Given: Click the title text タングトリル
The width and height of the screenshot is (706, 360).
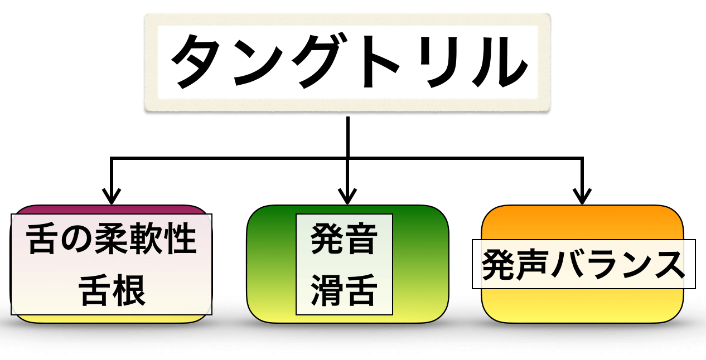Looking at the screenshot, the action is click(349, 61).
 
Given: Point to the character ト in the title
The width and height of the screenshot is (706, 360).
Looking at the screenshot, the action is click(381, 61).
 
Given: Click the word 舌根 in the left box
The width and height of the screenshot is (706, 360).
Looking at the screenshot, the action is click(112, 290).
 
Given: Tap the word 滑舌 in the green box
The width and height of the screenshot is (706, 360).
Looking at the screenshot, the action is click(344, 290).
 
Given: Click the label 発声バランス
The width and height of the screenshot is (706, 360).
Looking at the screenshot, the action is click(583, 264).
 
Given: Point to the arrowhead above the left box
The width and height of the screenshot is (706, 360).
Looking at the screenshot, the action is click(112, 196).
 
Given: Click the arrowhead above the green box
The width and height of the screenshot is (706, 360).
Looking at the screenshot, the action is click(347, 196).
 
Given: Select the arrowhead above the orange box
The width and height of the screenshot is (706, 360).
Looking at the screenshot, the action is click(582, 196).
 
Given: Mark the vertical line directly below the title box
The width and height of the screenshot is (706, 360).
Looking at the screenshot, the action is click(348, 137).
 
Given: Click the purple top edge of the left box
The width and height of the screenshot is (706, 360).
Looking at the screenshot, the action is click(112, 210).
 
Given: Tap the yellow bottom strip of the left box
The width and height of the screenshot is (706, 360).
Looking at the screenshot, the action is click(112, 319).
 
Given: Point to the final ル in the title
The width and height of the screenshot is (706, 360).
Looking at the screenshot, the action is click(500, 62).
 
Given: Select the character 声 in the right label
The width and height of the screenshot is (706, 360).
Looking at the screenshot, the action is click(533, 264).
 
